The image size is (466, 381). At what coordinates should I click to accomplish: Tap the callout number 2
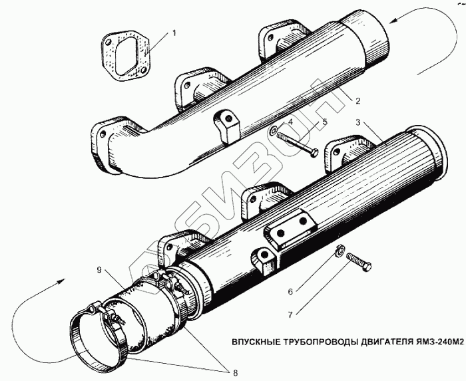pos(357,101)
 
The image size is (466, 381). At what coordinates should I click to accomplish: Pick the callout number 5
pos(324,122)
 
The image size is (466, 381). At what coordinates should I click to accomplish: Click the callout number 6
pos(291,289)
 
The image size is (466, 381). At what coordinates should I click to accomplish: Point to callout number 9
pos(99,270)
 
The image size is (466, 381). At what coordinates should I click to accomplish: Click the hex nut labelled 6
pos(339,251)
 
